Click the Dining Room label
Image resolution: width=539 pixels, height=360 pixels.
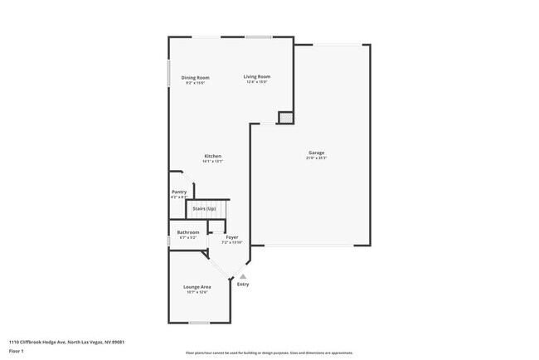coord(195,78)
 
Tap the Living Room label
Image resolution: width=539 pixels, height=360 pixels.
coord(257,77)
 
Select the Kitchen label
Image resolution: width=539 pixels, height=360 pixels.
coord(213,156)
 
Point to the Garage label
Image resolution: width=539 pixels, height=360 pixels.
coord(316,153)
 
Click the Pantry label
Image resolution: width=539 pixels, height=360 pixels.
coord(179,192)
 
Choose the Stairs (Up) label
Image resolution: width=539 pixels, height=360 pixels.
coord(205,208)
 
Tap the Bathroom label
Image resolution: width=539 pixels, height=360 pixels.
coord(188,232)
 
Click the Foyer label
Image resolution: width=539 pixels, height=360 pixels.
coord(232,237)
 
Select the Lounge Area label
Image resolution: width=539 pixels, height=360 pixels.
coord(197,287)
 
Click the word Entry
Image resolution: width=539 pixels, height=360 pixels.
coord(243,285)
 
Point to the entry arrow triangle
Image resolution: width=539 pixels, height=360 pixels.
coord(243,276)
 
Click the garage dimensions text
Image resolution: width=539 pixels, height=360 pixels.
coord(316,158)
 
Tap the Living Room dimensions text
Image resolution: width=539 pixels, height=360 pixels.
coord(257,82)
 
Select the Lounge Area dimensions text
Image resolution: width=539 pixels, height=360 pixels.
coord(197,292)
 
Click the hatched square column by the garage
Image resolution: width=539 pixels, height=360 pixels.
coord(285,118)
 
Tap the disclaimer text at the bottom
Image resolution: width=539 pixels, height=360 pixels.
coord(269,353)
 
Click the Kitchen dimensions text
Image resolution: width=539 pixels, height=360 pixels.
coord(213,161)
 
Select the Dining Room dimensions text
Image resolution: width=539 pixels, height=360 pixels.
coord(195,83)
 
